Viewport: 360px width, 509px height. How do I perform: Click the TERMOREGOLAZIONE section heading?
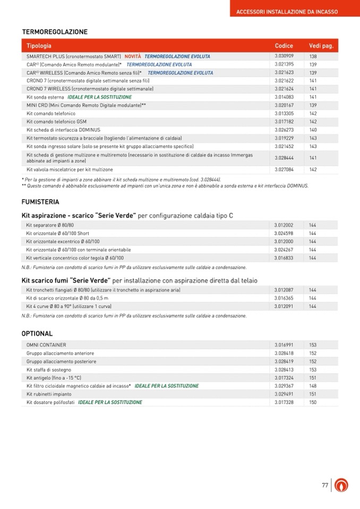tap(55, 32)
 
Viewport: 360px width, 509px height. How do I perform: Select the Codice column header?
tap(284, 46)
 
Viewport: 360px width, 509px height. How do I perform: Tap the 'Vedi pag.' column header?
tap(321, 46)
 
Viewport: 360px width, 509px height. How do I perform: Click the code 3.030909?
tap(284, 56)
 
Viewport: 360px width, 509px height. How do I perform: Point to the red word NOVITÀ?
tap(133, 56)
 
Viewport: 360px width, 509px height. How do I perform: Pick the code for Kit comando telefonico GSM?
tap(284, 122)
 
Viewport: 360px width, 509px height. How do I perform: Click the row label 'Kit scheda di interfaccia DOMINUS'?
tap(63, 130)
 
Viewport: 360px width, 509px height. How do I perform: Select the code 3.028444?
tap(284, 158)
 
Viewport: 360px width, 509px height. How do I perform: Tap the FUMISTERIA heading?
tap(40, 202)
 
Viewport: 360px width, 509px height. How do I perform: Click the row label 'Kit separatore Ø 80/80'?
tap(50, 225)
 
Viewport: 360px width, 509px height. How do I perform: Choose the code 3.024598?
tap(284, 233)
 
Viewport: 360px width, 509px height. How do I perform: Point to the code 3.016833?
tap(284, 257)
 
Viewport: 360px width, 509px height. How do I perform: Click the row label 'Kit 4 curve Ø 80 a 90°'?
tap(69, 306)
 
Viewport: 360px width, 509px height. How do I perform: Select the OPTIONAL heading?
tap(37, 334)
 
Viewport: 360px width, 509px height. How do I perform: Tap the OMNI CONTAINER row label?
tap(46, 345)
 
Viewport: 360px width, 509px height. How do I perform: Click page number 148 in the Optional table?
tap(313, 386)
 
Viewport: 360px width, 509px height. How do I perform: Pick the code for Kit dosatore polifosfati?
tap(284, 402)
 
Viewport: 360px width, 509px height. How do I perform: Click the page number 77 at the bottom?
tap(325, 485)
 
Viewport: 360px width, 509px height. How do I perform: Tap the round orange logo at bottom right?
tap(341, 485)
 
